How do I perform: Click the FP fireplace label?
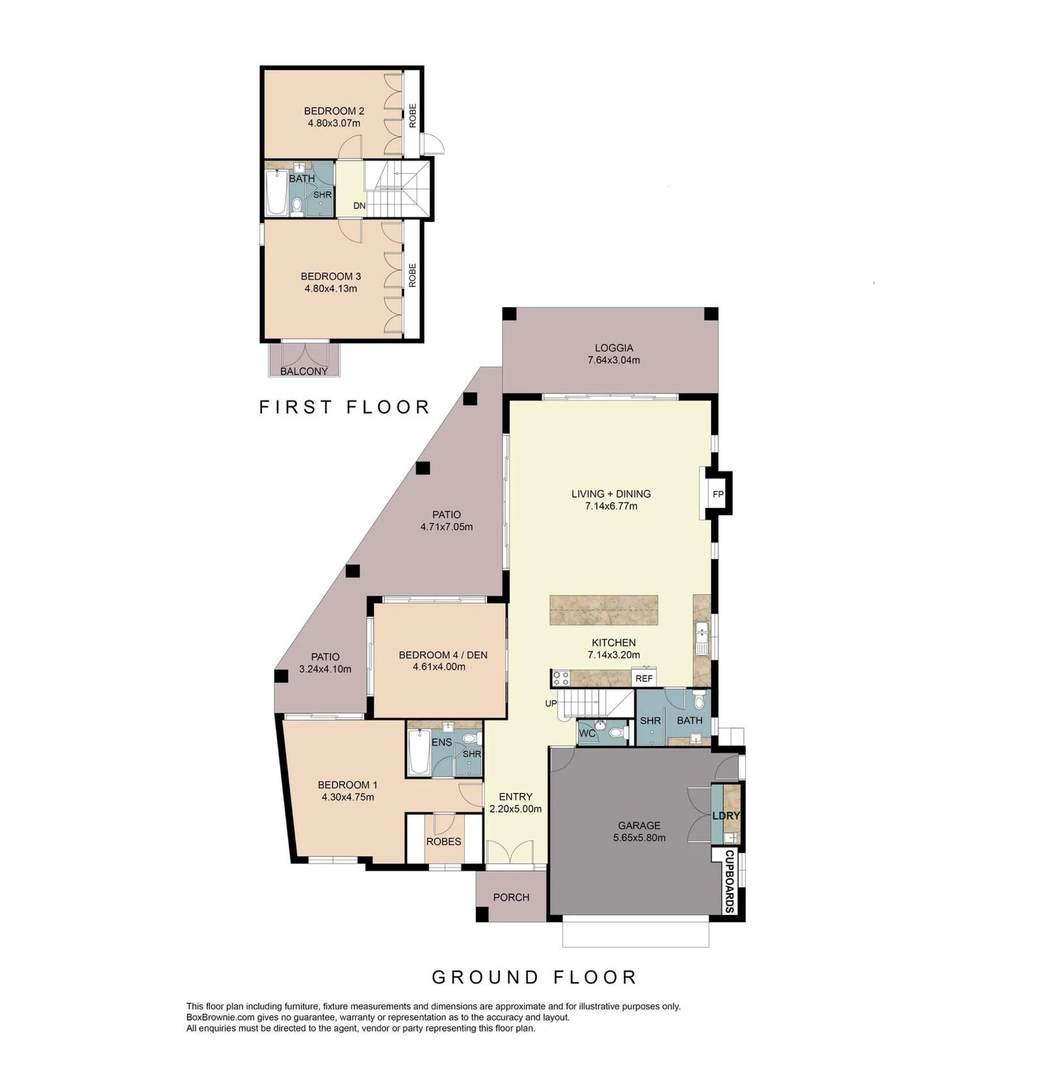(x=717, y=494)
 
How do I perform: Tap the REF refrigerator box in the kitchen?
(x=643, y=678)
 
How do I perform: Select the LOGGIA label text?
(x=613, y=347)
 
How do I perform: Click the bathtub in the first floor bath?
(x=276, y=193)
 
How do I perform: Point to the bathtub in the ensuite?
(x=418, y=753)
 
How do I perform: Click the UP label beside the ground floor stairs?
(x=551, y=703)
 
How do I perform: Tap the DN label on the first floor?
(x=359, y=206)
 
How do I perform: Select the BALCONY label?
(x=304, y=371)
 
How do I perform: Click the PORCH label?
(x=511, y=897)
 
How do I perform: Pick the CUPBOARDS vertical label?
(x=729, y=882)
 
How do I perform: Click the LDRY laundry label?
(x=726, y=815)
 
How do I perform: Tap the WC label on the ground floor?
(x=587, y=733)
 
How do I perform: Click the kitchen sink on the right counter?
(x=701, y=638)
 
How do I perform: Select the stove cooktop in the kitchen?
(x=561, y=678)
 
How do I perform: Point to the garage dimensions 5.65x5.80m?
(x=639, y=838)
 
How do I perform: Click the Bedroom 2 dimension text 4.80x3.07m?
(x=333, y=123)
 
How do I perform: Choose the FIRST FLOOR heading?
(x=344, y=407)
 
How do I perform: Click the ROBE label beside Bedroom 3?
(x=412, y=275)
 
